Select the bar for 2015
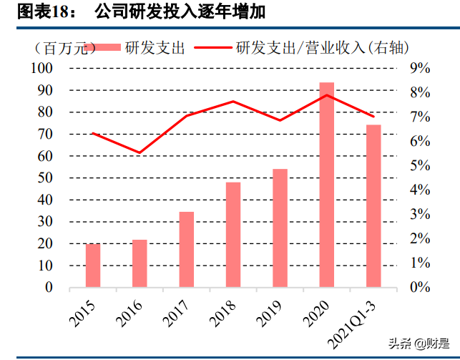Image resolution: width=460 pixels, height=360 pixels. tap(93, 266)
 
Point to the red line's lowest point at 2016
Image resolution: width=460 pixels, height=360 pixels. tap(140, 152)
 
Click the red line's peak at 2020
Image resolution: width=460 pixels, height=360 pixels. tap(326, 95)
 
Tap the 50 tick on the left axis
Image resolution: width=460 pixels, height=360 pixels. tap(45, 178)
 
